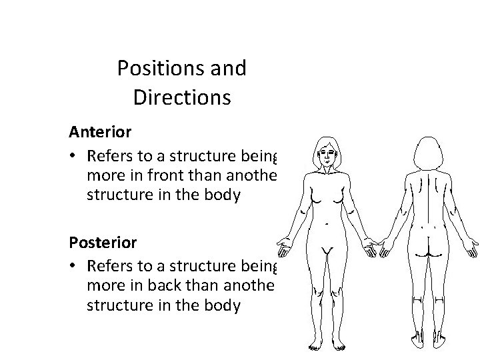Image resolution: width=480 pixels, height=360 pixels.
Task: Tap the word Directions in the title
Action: click(181, 98)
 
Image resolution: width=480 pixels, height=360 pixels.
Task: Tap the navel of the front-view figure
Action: click(327, 227)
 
